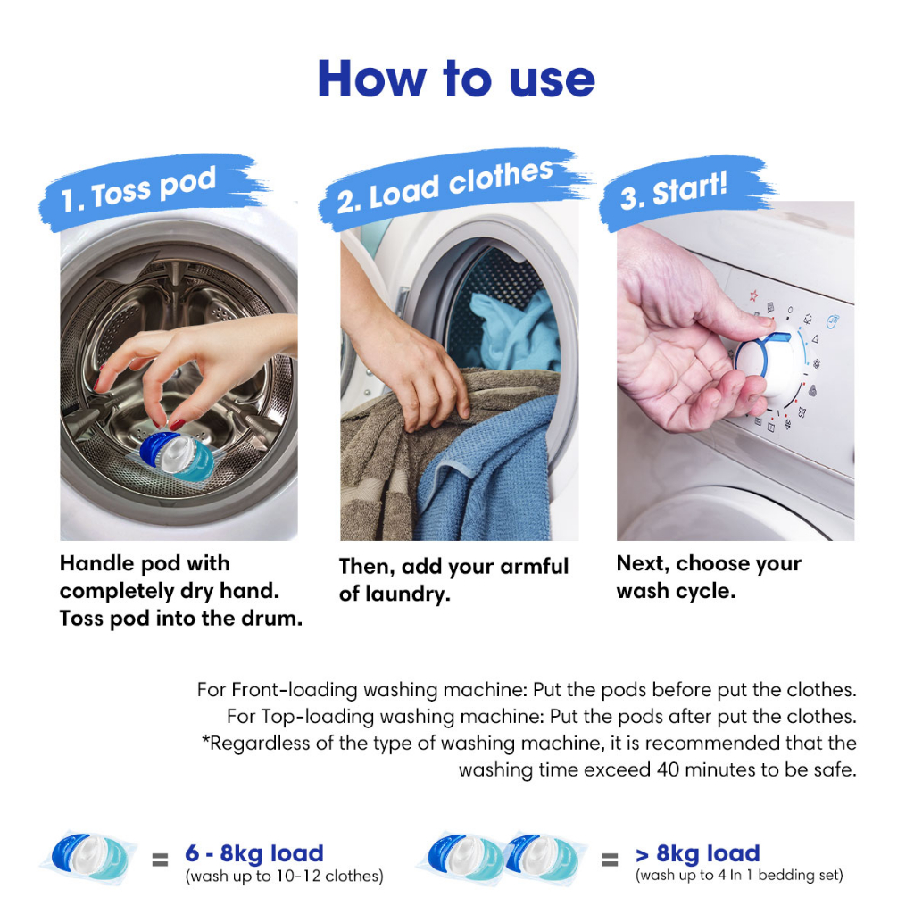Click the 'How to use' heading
click(x=456, y=79)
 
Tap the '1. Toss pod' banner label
click(x=138, y=188)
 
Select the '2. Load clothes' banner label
click(x=445, y=186)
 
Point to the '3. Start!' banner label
click(x=673, y=191)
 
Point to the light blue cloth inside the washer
click(x=513, y=332)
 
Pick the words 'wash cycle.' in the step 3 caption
click(x=677, y=591)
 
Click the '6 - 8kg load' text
click(x=254, y=853)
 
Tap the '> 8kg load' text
click(x=698, y=853)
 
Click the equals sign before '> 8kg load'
click(x=610, y=860)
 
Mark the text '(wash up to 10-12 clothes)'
click(x=285, y=877)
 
